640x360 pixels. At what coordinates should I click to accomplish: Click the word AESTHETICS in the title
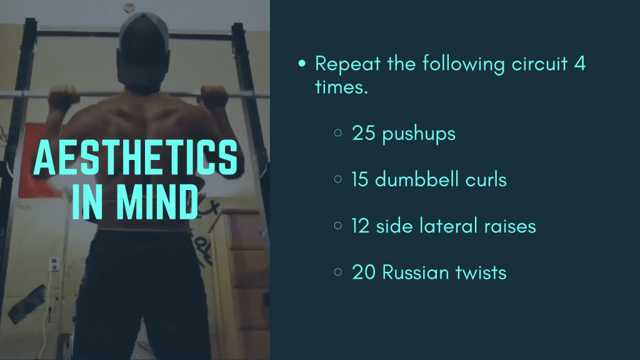135,157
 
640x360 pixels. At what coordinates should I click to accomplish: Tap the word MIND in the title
157,202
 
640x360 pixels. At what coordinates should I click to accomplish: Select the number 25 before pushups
363,133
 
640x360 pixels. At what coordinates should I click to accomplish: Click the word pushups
419,135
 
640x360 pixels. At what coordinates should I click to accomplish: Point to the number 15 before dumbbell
360,179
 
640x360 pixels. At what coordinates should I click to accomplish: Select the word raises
510,226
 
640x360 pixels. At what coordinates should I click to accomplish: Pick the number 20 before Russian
363,272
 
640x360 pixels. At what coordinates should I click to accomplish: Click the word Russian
416,272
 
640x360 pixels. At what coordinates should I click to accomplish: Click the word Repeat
347,64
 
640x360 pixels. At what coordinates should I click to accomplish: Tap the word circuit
539,64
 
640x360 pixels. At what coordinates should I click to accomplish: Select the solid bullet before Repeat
302,63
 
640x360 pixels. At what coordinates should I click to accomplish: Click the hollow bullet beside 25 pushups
338,132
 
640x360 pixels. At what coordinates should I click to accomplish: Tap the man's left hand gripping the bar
214,97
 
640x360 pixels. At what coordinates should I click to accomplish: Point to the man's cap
144,29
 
